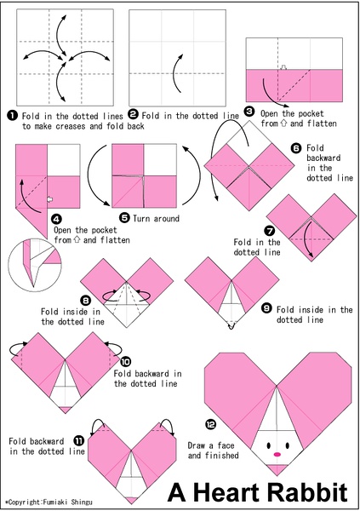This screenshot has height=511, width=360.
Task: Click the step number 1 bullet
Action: pyautogui.click(x=12, y=115)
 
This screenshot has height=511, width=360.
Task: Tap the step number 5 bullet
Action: pyautogui.click(x=125, y=217)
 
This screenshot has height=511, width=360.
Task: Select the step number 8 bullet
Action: pyautogui.click(x=86, y=300)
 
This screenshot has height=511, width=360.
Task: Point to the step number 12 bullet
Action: pyautogui.click(x=210, y=424)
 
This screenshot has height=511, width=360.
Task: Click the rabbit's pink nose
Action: pyautogui.click(x=277, y=454)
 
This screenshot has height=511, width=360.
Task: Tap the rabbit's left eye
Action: pyautogui.click(x=269, y=445)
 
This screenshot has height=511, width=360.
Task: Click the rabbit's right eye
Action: pyautogui.click(x=287, y=445)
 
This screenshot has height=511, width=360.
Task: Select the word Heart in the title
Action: pyautogui.click(x=226, y=491)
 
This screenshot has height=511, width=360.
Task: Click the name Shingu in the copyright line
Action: pyautogui.click(x=82, y=502)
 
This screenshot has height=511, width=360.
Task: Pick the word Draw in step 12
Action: pyautogui.click(x=197, y=445)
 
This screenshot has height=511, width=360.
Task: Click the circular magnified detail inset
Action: pyautogui.click(x=34, y=264)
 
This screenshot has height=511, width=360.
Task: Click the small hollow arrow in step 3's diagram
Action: pyautogui.click(x=283, y=67)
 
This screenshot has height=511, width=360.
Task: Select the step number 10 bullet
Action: pyautogui.click(x=125, y=361)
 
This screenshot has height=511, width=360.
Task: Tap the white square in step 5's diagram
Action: pyautogui.click(x=160, y=160)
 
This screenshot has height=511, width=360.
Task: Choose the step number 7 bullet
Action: pyautogui.click(x=270, y=231)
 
